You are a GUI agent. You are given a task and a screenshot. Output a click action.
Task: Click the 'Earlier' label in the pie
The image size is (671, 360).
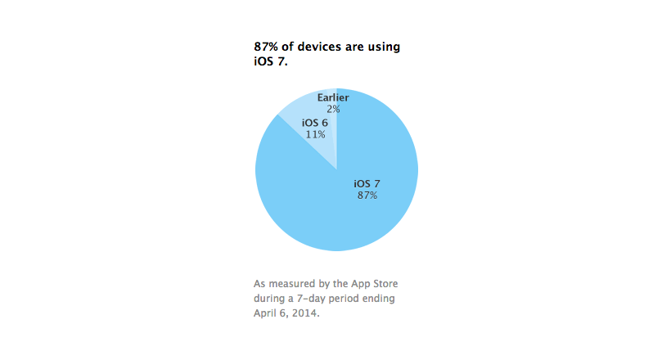tap(333, 98)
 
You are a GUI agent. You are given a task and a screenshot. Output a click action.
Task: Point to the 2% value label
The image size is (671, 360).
tap(333, 109)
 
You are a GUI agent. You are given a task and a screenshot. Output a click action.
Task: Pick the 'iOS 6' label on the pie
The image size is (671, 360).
tap(313, 122)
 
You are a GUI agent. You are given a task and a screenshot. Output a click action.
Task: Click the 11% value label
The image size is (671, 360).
tap(313, 133)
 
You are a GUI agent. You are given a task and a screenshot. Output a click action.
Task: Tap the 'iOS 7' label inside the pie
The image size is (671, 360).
tap(367, 183)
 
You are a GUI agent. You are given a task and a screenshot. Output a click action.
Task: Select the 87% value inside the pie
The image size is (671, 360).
tap(367, 196)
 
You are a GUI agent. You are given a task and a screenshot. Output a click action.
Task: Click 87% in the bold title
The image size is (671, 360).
tap(267, 47)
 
